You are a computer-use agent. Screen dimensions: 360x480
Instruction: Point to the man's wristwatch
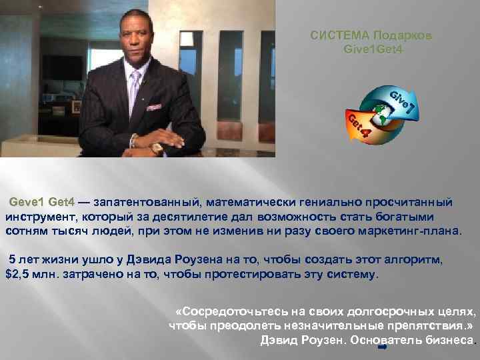pos(158,147)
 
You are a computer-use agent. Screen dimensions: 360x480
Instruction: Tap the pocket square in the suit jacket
pos(155,107)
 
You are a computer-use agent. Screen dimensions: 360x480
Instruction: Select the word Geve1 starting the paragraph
pos(27,202)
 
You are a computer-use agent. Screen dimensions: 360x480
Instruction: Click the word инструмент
pos(37,217)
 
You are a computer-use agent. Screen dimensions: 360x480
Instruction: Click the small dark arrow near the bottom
pos(383,347)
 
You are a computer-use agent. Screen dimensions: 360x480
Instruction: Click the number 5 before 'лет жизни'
pos(12,260)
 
